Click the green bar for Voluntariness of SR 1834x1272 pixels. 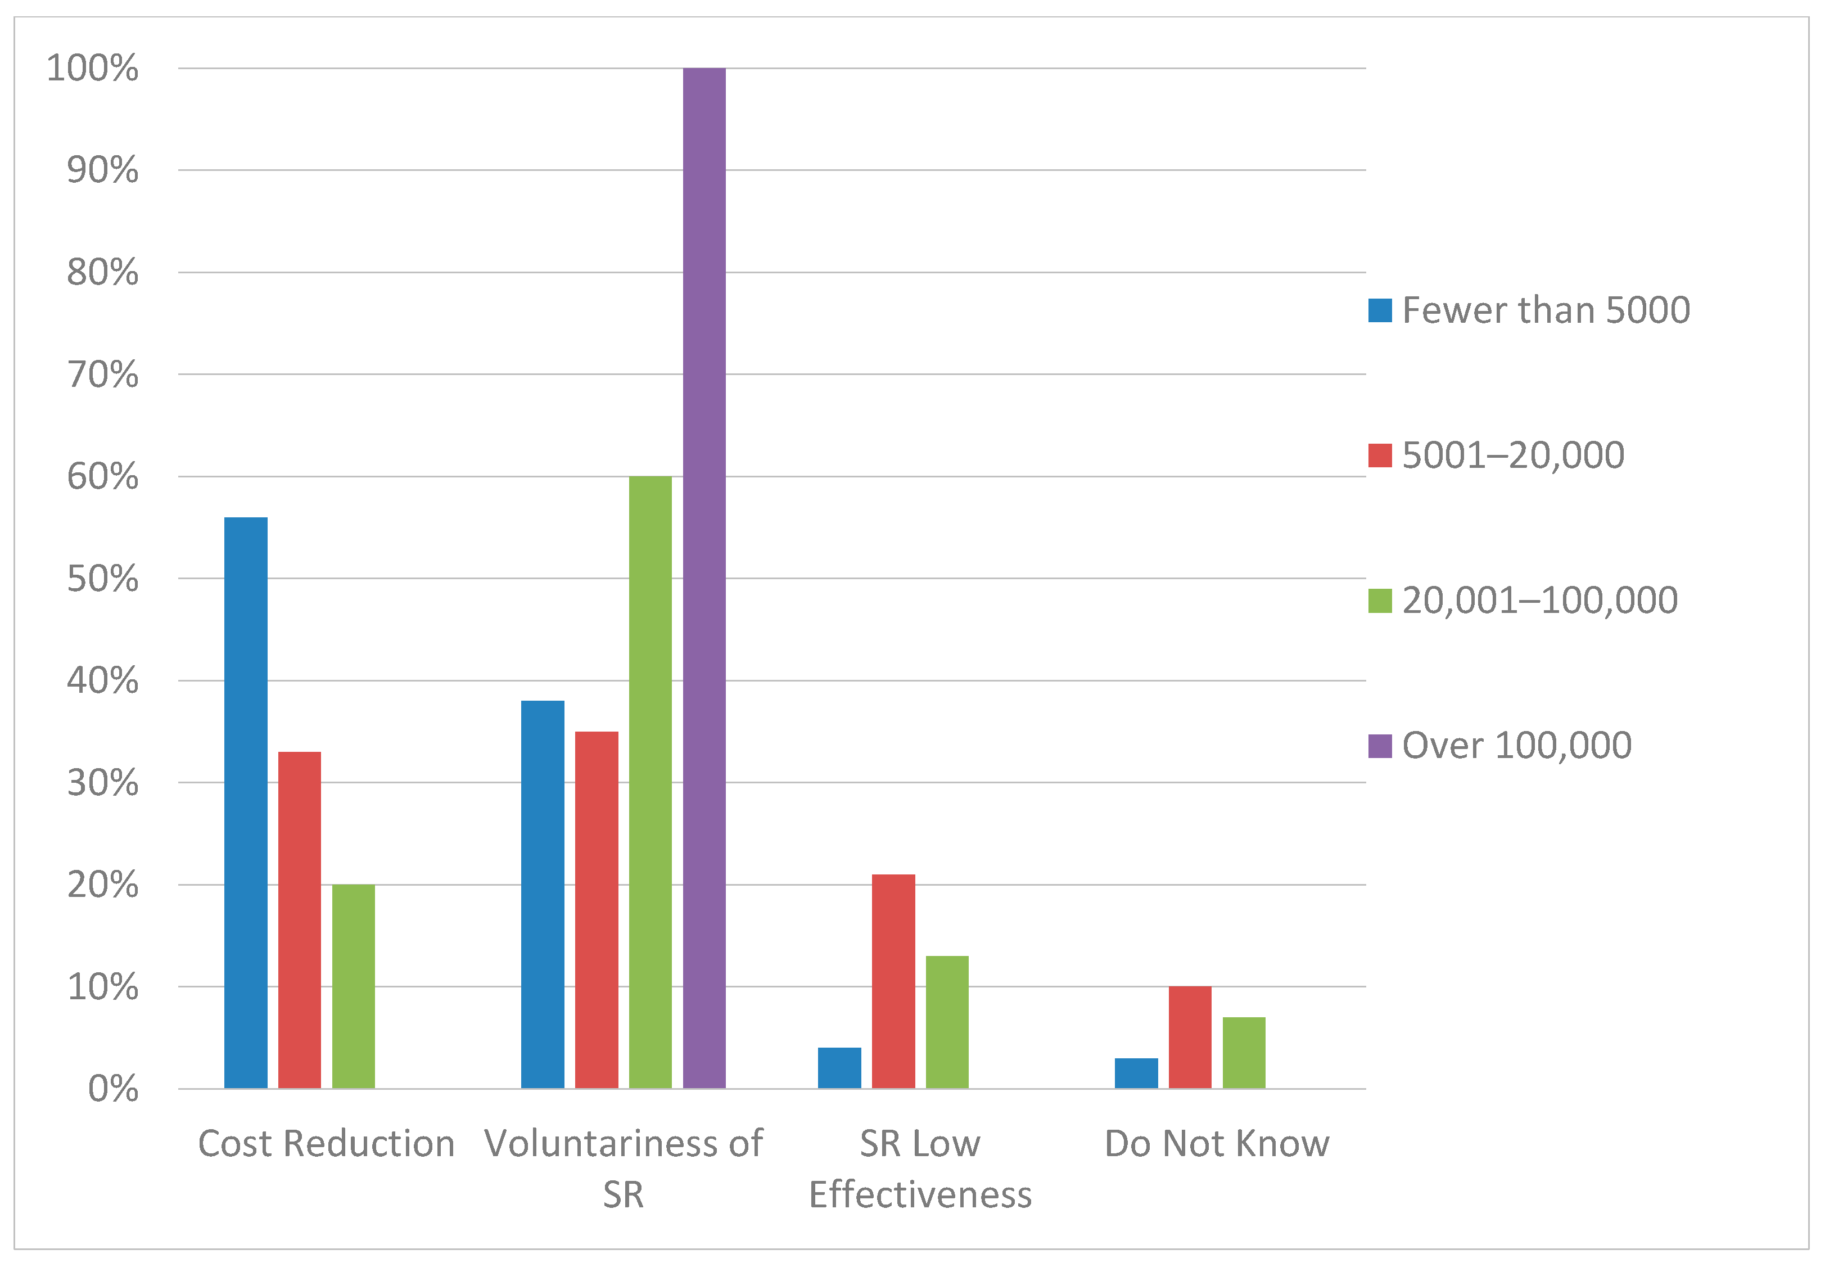[x=650, y=781]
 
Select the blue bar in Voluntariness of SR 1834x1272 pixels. [x=543, y=894]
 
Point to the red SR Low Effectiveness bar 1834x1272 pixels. [x=893, y=981]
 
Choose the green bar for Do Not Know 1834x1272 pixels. [x=1244, y=1052]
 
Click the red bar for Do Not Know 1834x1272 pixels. [x=1190, y=1037]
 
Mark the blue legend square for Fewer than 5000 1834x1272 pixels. [x=1380, y=310]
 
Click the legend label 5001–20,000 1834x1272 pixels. [x=1512, y=455]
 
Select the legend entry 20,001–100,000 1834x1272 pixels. [x=1539, y=600]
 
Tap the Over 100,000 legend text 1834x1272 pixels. [x=1516, y=745]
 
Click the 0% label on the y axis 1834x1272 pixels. [x=112, y=1089]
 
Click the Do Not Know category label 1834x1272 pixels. [x=1217, y=1144]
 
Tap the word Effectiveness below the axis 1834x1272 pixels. [x=920, y=1195]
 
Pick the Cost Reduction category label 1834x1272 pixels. [x=326, y=1144]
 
